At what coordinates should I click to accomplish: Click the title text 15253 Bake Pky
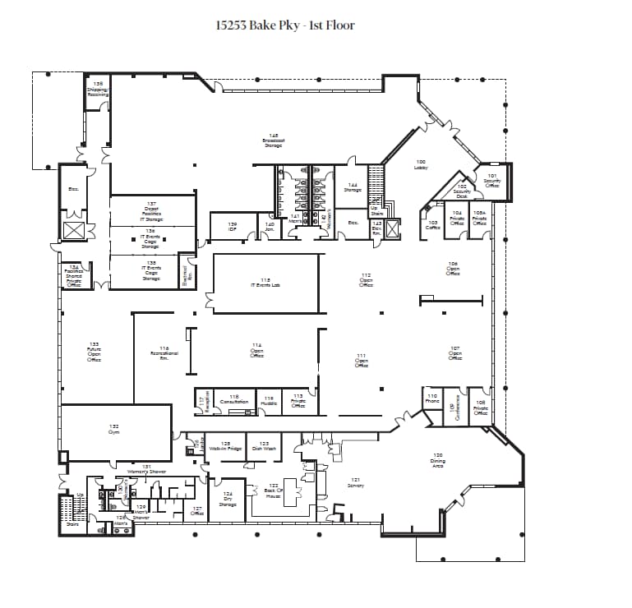click(284, 25)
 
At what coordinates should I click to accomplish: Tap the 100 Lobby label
click(421, 164)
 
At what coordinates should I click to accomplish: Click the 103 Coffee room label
click(432, 225)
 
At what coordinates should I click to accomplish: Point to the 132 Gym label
click(114, 429)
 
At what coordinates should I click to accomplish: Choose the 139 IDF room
click(233, 226)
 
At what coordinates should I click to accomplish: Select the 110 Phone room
click(432, 398)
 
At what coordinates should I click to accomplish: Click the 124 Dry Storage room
click(228, 499)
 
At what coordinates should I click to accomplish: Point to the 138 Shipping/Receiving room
click(98, 90)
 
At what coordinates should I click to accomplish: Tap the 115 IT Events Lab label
click(265, 283)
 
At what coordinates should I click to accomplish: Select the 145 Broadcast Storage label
click(274, 140)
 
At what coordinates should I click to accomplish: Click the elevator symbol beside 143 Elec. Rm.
click(392, 228)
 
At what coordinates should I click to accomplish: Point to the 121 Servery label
click(355, 483)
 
